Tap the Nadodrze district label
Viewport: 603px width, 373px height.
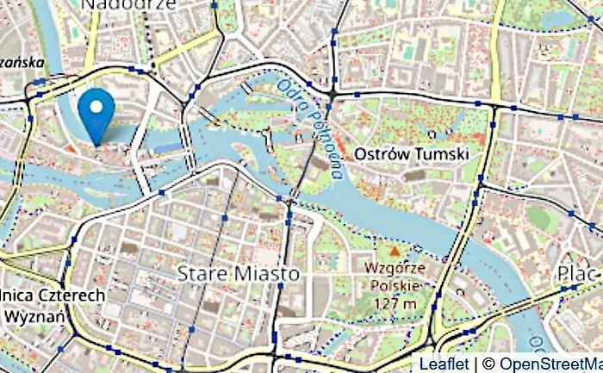point(129,5)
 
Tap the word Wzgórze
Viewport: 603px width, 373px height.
point(396,268)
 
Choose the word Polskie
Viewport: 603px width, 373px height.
point(396,285)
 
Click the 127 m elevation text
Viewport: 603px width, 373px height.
point(396,302)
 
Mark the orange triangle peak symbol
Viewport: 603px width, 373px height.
point(395,251)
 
